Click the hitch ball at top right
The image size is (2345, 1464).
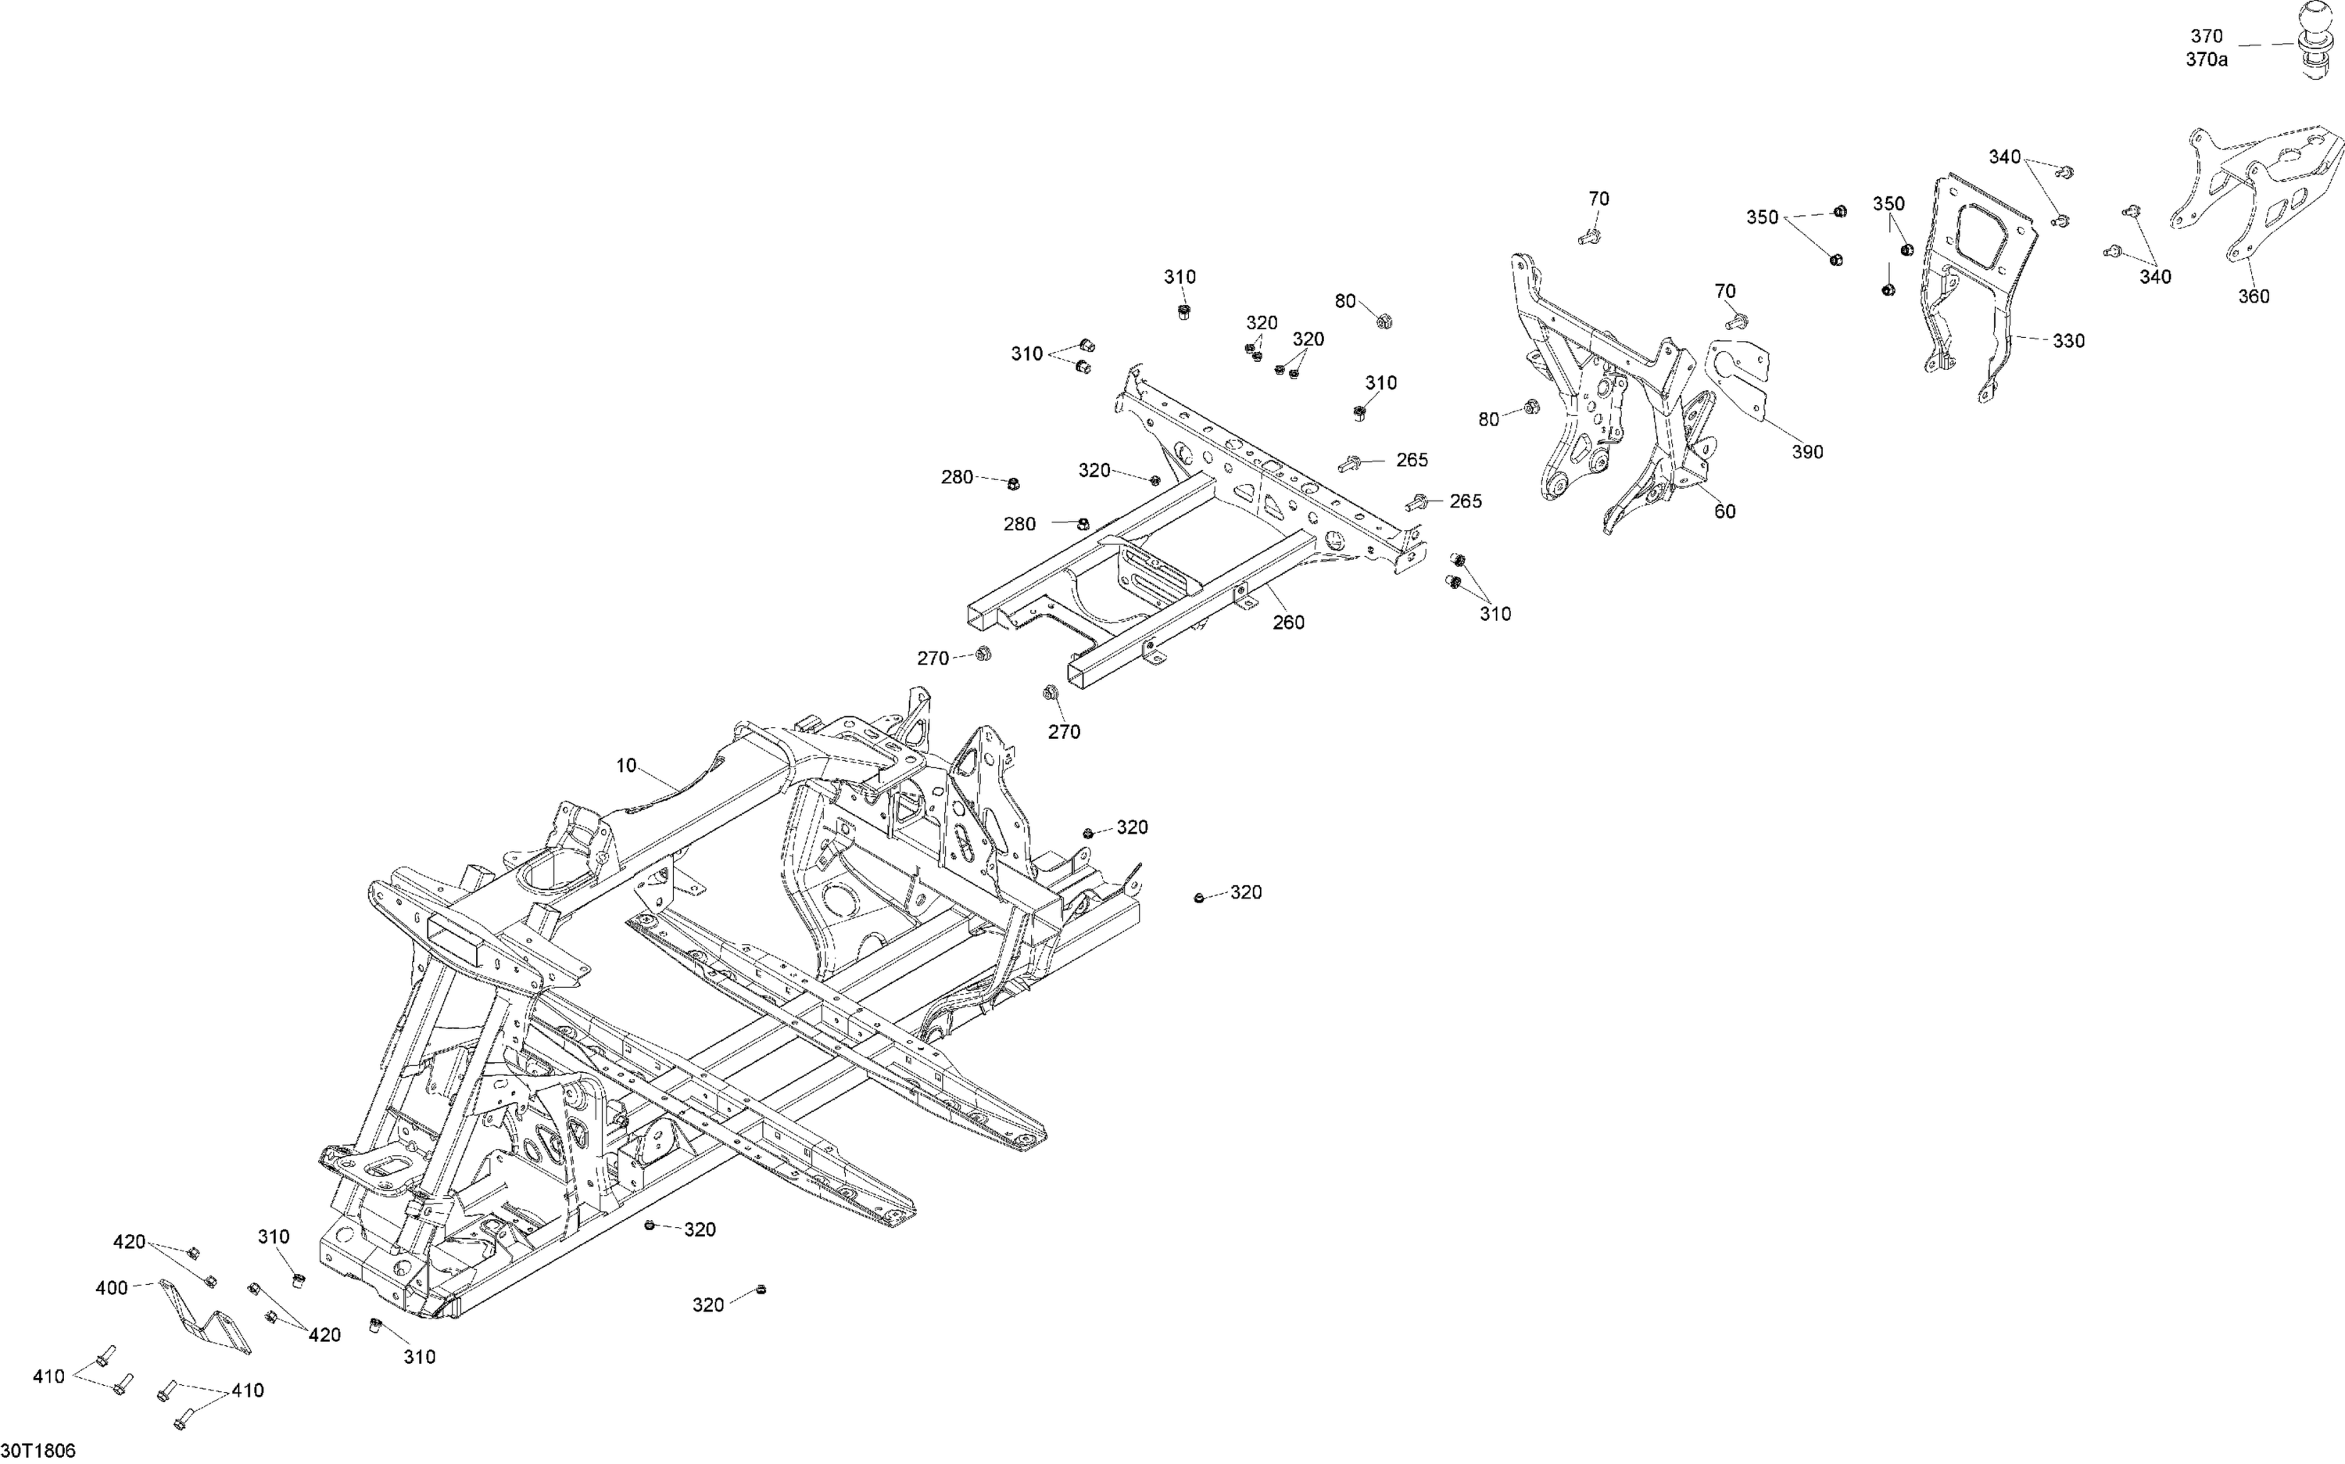pyautogui.click(x=2317, y=39)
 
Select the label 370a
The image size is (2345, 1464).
pyautogui.click(x=2207, y=60)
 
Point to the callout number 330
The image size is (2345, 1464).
pyautogui.click(x=2069, y=341)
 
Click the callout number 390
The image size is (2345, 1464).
pyautogui.click(x=1807, y=452)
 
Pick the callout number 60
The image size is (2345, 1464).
pyautogui.click(x=1724, y=511)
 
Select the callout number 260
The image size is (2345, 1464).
pyautogui.click(x=1288, y=623)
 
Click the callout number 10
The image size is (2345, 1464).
pyautogui.click(x=626, y=766)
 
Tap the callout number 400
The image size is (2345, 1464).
pyautogui.click(x=113, y=1288)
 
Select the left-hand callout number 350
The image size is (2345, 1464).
pyautogui.click(x=1763, y=218)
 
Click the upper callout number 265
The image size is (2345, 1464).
pyautogui.click(x=1412, y=460)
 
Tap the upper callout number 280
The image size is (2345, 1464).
pyautogui.click(x=958, y=476)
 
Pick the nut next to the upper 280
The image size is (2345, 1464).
pyautogui.click(x=1013, y=483)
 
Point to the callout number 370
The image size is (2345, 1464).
pyautogui.click(x=2207, y=37)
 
